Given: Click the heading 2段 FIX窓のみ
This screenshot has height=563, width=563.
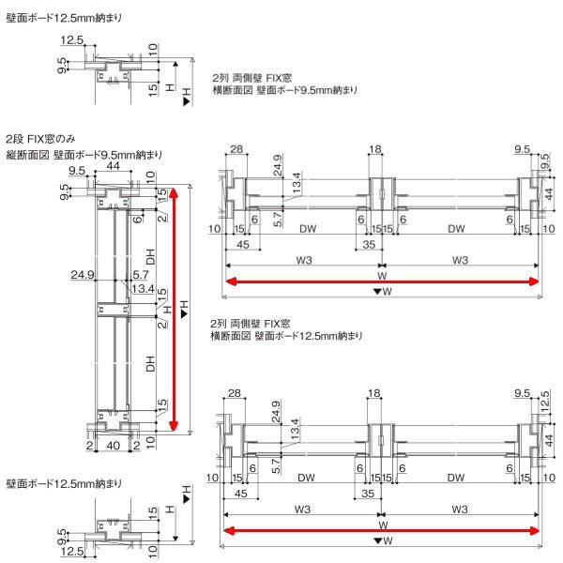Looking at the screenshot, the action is [40, 139].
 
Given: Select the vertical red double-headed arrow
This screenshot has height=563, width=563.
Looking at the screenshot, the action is [174, 309].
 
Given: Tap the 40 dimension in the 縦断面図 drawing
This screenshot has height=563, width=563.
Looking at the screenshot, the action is [114, 446].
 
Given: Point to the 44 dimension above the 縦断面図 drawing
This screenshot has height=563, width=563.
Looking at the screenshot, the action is [113, 166].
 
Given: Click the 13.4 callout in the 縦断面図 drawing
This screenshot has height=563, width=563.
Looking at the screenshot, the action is [143, 288].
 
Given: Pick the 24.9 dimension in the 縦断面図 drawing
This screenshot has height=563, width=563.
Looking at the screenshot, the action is [83, 275].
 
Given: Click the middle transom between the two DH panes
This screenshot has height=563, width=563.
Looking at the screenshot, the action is [114, 311].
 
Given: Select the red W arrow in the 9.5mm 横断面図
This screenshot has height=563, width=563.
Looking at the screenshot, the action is [382, 281].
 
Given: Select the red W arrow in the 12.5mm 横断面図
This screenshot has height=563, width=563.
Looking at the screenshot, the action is [381, 531].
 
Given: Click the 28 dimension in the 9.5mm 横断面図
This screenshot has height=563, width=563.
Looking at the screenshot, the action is [236, 149].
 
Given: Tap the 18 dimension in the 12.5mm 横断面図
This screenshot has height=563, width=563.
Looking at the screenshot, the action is [374, 393].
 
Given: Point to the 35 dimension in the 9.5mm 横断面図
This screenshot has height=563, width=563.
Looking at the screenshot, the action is [369, 245].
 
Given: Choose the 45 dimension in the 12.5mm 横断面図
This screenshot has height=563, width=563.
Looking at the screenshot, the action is [241, 494].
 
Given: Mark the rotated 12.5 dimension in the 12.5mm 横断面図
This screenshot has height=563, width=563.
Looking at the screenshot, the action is [544, 402].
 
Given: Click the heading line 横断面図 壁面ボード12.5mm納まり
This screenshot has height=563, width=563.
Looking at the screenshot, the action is [286, 336].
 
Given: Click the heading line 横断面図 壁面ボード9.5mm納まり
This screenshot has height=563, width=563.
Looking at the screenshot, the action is [285, 90].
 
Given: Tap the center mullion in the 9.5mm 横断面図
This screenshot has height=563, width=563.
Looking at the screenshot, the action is [382, 194].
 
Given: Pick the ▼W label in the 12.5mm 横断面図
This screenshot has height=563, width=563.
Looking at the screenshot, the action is [383, 540].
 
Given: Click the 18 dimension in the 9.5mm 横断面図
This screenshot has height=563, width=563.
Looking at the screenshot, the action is [375, 149].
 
